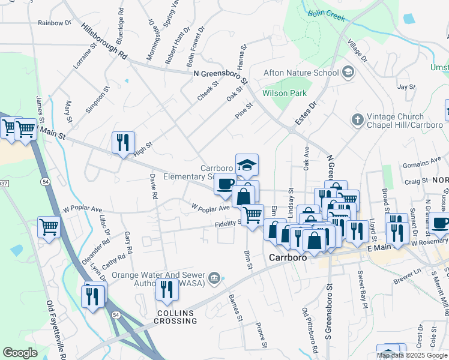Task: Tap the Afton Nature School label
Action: click(x=301, y=73)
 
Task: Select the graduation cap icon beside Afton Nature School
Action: click(x=347, y=73)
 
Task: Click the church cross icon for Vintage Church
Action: click(x=357, y=119)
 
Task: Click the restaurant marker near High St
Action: click(x=123, y=143)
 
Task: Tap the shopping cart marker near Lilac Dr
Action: click(x=49, y=227)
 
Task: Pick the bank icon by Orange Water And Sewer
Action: click(x=214, y=277)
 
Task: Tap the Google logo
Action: click(x=20, y=352)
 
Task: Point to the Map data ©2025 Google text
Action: click(x=412, y=355)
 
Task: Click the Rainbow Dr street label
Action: click(x=54, y=23)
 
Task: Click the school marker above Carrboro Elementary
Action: click(x=246, y=164)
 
